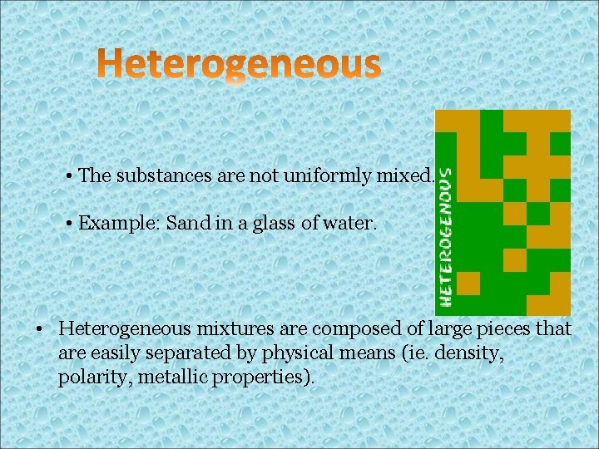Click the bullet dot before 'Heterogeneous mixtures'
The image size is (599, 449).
tap(39, 330)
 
